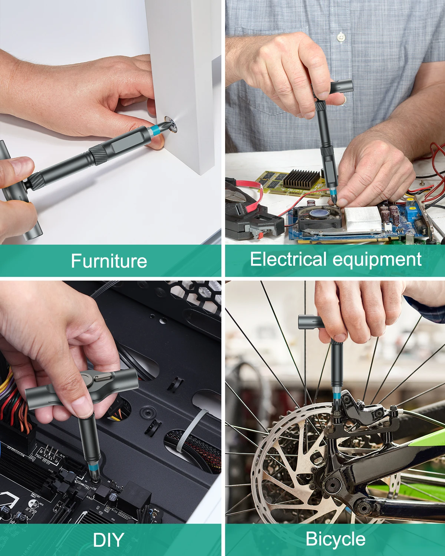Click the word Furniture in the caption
tap(109, 261)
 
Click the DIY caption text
tap(108, 540)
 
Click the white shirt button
tap(341, 37)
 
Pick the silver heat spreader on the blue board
tap(363, 218)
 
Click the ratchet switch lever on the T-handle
tap(103, 378)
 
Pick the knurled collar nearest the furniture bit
tap(98, 155)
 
